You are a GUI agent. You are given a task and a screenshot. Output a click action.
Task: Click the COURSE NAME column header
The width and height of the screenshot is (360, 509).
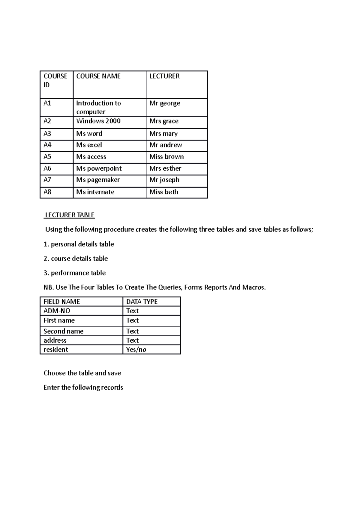click(98, 76)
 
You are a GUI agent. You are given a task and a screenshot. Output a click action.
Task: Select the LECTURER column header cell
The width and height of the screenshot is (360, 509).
click(164, 76)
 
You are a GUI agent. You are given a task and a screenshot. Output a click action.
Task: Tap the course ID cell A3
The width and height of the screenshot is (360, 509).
click(47, 134)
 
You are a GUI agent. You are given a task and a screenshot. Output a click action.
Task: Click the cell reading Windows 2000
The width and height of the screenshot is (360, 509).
click(98, 121)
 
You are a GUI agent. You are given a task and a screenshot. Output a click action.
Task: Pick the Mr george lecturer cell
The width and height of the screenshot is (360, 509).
click(165, 103)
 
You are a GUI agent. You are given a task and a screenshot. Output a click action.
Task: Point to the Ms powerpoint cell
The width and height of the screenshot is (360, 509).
click(99, 168)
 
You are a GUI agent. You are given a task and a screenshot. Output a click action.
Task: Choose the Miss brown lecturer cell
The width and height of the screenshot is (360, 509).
click(166, 157)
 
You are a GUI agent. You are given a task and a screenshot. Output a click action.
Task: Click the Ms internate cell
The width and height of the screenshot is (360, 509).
click(95, 192)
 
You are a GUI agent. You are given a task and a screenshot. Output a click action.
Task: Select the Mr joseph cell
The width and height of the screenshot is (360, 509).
click(164, 180)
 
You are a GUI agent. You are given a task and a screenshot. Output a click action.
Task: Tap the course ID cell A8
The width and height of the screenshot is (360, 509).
click(47, 192)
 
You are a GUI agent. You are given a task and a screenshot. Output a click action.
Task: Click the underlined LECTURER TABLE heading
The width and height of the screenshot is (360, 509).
click(70, 215)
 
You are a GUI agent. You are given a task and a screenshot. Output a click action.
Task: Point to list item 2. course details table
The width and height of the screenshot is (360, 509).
click(76, 258)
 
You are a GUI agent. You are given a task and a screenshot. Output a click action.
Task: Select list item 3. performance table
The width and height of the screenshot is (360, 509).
click(75, 273)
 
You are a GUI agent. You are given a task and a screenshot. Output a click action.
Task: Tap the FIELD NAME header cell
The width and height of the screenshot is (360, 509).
click(62, 302)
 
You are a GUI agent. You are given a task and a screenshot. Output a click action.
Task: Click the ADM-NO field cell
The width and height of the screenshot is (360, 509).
click(57, 311)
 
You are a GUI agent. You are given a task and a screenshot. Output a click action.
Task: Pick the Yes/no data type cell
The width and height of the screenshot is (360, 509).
click(136, 350)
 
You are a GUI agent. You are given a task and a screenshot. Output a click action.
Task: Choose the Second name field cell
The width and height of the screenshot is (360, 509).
click(64, 331)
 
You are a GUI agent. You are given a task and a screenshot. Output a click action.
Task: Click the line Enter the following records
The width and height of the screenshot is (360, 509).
click(83, 387)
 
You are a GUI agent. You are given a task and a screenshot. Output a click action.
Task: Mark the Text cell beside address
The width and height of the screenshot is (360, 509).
click(132, 341)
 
